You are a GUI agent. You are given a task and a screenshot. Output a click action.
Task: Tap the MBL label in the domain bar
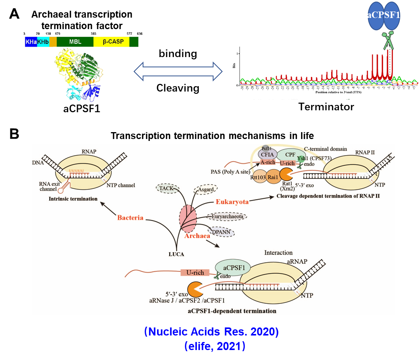75,41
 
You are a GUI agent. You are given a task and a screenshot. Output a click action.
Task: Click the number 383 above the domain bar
93,34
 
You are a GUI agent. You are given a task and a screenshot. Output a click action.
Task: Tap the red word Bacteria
130,218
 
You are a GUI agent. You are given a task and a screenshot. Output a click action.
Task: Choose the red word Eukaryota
232,201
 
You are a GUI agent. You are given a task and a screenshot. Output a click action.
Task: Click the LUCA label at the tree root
176,254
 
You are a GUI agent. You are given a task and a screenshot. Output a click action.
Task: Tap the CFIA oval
269,154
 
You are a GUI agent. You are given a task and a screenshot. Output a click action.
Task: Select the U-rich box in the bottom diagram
195,273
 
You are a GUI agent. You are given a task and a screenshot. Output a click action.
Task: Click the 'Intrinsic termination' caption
73,199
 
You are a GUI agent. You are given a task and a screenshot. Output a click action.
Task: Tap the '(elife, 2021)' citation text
214,346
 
